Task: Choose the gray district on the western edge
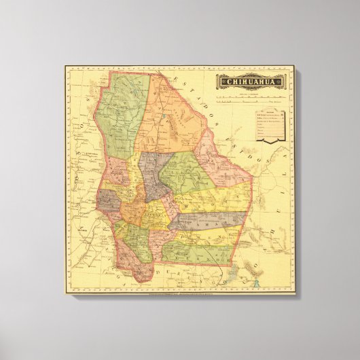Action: pos(108,200)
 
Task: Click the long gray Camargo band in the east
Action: pos(211,220)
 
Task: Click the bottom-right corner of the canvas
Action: pos(295,295)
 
